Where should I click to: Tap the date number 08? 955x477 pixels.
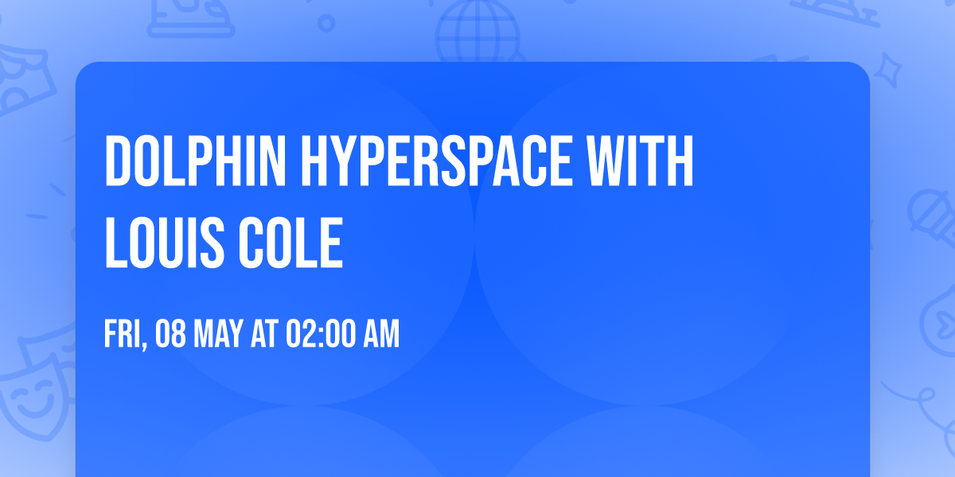click(x=173, y=335)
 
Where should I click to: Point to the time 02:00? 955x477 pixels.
click(x=315, y=335)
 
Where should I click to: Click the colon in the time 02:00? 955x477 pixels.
click(x=316, y=335)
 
